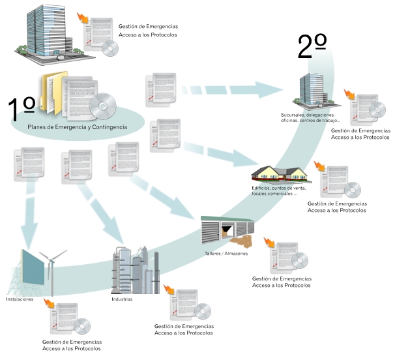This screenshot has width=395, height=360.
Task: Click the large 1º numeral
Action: pyautogui.click(x=21, y=109)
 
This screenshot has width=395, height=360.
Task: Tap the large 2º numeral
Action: pyautogui.click(x=312, y=46)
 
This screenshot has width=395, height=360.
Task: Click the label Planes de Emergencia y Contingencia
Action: pyautogui.click(x=78, y=127)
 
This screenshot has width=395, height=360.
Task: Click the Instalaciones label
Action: pyautogui.click(x=20, y=299)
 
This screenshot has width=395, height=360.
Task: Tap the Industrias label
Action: pyautogui.click(x=122, y=299)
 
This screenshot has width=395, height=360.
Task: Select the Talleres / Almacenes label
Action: pyautogui.click(x=226, y=254)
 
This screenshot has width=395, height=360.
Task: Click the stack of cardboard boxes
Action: pyautogui.click(x=242, y=241)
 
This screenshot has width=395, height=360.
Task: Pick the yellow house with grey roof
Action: pyautogui.click(x=282, y=173)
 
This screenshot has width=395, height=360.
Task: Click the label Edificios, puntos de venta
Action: pyautogui.click(x=279, y=188)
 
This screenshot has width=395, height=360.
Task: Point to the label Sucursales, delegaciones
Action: pyautogui.click(x=308, y=115)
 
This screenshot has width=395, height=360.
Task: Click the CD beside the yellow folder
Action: pyautogui.click(x=103, y=106)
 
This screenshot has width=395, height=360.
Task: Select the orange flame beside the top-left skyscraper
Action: pyautogui.click(x=83, y=18)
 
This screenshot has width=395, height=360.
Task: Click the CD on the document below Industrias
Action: pyautogui.click(x=203, y=311)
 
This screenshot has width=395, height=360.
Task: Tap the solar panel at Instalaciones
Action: pyautogui.click(x=32, y=267)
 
